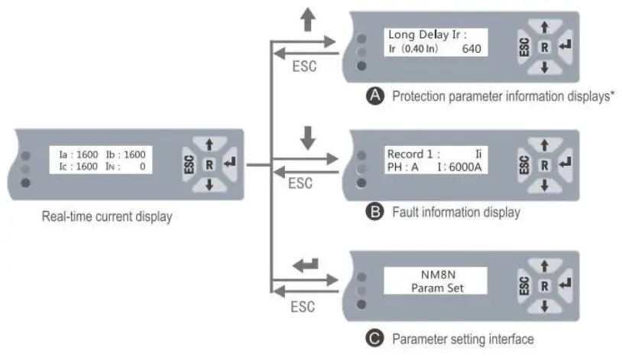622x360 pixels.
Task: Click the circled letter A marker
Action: (374, 96)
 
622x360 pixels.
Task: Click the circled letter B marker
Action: (374, 212)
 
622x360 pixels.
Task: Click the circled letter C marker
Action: (374, 338)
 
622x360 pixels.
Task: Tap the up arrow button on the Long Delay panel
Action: (544, 27)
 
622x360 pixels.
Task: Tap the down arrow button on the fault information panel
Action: (544, 185)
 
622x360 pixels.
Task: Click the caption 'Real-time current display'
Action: (107, 216)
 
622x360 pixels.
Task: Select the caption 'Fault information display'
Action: (455, 212)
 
